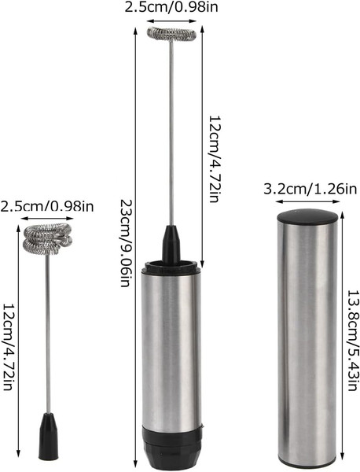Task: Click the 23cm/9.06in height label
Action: (125, 242)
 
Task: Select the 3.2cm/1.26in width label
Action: (310, 189)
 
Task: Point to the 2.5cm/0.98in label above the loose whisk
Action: (47, 206)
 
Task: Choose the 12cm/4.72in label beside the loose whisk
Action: (7, 346)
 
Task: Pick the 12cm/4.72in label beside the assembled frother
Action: (215, 158)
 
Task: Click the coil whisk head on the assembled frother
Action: (171, 34)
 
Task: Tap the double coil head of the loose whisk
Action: (47, 239)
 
